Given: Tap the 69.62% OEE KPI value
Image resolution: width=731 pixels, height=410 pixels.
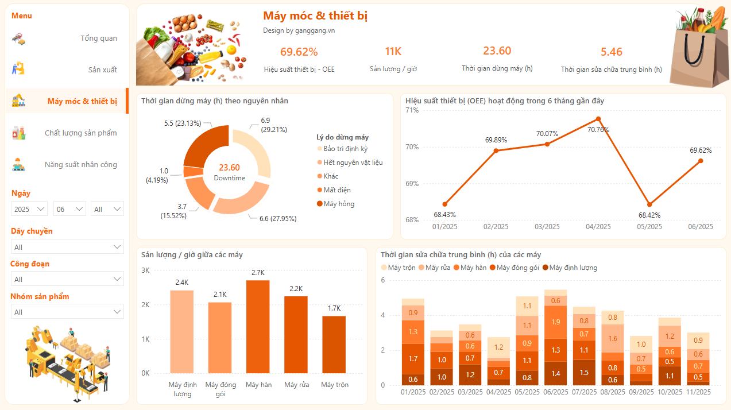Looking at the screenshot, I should coord(299,52).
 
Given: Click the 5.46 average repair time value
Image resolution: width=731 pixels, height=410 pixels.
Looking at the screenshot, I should coord(612,52).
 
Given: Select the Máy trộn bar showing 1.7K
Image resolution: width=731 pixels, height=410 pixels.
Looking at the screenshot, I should coord(334,345).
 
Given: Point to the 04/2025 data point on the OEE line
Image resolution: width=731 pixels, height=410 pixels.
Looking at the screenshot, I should coord(598,119).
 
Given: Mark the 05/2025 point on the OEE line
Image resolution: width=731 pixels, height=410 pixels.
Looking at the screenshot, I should coord(649,204).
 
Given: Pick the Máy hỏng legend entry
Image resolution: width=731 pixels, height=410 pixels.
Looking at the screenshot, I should coord(339,204).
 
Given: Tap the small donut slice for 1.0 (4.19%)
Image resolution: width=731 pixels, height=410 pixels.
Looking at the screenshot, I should coord(191,171).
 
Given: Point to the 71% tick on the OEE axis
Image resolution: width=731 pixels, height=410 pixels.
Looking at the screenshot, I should coord(412,110).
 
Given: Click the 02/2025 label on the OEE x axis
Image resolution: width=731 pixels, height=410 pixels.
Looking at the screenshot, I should coord(496,227).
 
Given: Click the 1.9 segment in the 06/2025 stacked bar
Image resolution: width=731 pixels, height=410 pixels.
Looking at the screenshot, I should coord(555,322).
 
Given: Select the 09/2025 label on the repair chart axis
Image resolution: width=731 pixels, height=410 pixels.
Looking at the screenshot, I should coord(641,392).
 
